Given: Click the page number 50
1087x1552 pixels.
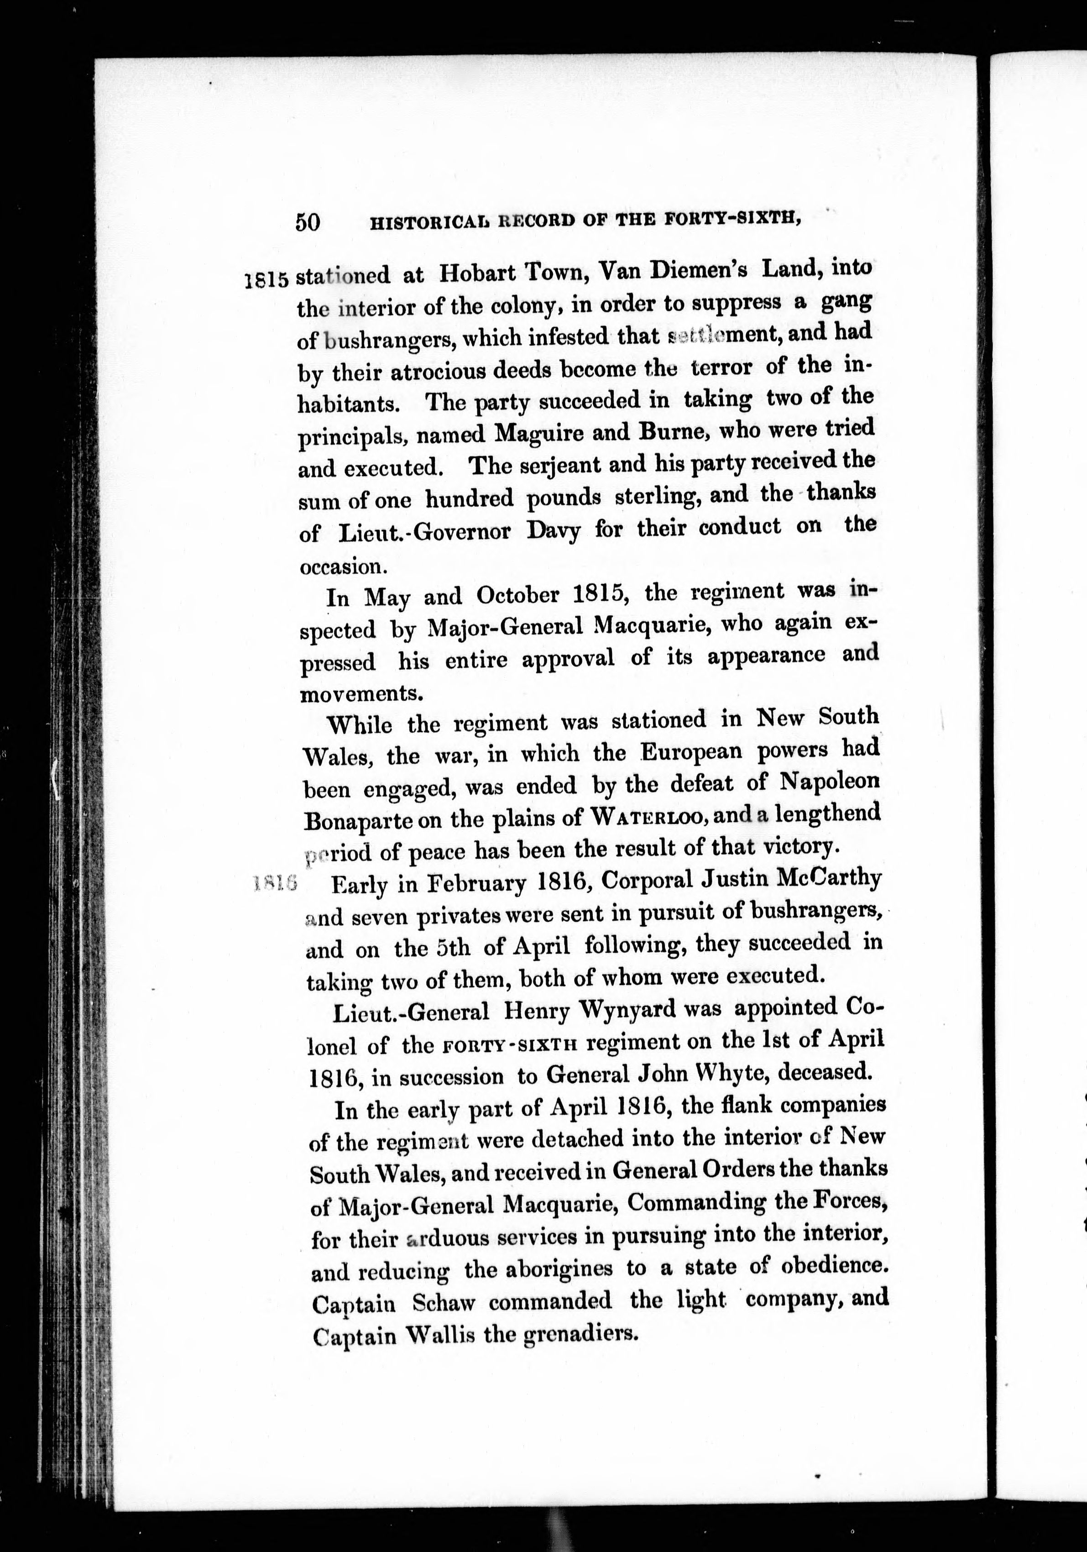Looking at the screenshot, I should tap(308, 222).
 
